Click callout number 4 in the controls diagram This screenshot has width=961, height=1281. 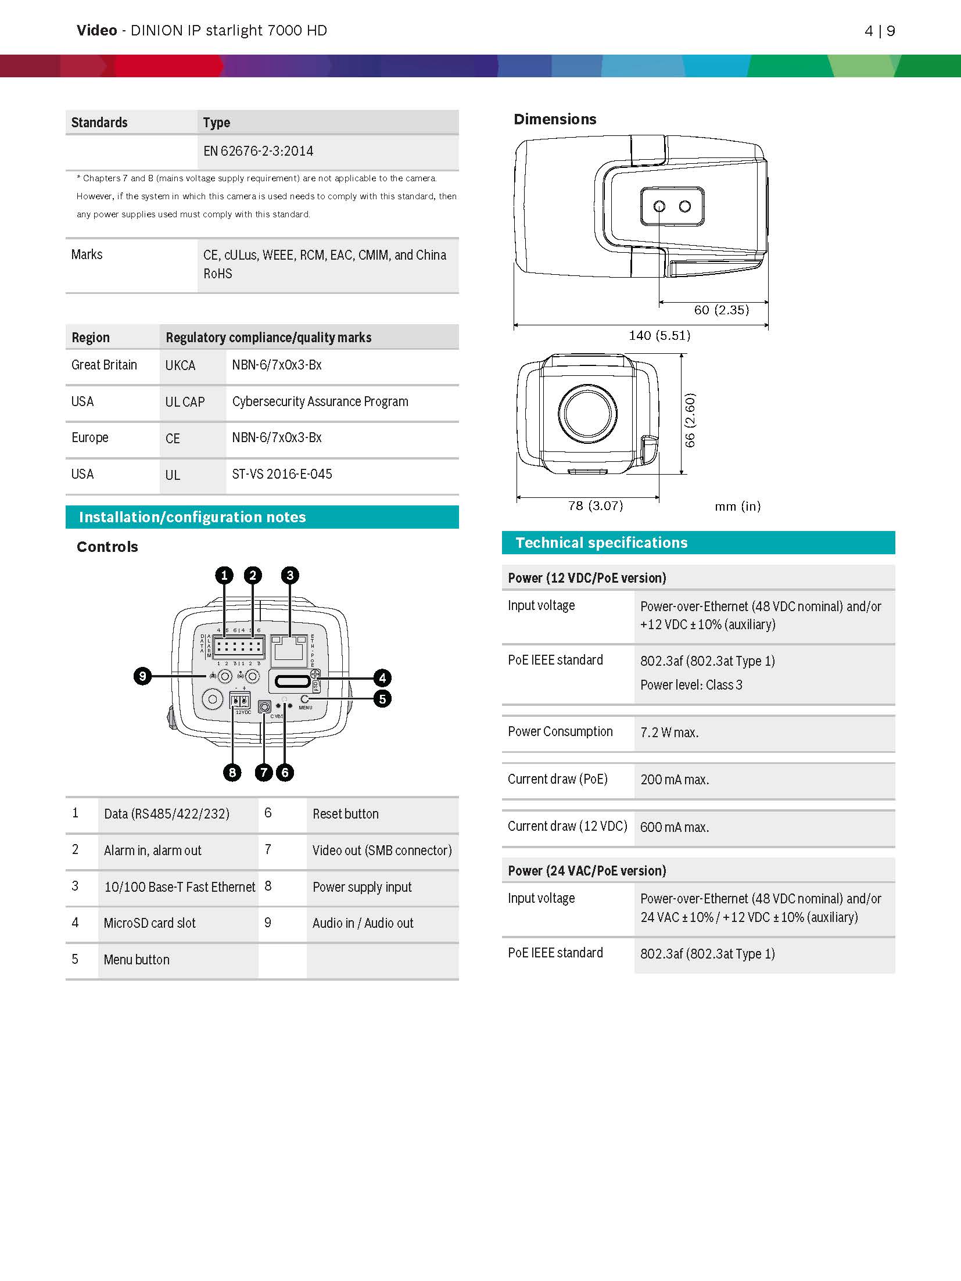click(x=382, y=678)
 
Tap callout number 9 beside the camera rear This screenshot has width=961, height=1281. click(x=142, y=676)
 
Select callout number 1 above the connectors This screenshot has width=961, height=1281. click(x=224, y=576)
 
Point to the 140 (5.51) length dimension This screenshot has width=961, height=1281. click(x=659, y=335)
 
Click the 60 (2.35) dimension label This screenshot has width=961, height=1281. click(x=721, y=310)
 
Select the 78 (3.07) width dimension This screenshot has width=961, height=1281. click(x=595, y=505)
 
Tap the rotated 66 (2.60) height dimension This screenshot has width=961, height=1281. click(x=690, y=420)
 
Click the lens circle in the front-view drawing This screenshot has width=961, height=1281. click(x=587, y=413)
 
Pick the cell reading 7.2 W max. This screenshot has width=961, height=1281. click(x=669, y=733)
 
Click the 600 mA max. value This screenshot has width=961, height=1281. click(x=674, y=827)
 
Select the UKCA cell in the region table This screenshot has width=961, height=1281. click(x=180, y=366)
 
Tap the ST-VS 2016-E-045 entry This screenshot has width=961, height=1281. click(x=282, y=474)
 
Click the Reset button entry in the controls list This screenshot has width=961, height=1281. click(x=345, y=814)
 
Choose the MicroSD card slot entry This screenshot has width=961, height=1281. click(x=149, y=923)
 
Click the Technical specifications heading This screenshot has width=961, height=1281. click(x=601, y=543)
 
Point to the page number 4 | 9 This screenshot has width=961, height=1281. click(x=880, y=31)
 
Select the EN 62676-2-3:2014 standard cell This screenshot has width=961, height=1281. click(x=258, y=152)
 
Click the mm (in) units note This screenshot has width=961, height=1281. click(x=737, y=506)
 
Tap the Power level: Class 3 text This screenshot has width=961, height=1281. click(x=691, y=685)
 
